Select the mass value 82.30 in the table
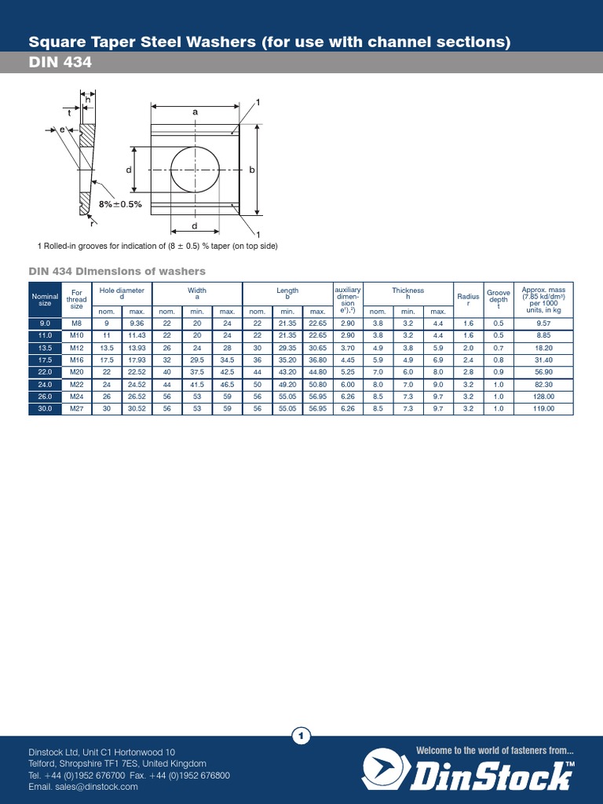543,385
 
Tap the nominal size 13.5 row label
45,348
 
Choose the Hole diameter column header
122,294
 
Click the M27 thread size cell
76,409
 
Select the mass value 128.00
543,397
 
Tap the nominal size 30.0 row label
45,409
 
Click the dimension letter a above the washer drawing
195,112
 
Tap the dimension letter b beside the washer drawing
253,170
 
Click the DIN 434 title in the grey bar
60,63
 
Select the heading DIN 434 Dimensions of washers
117,271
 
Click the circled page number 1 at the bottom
301,736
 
